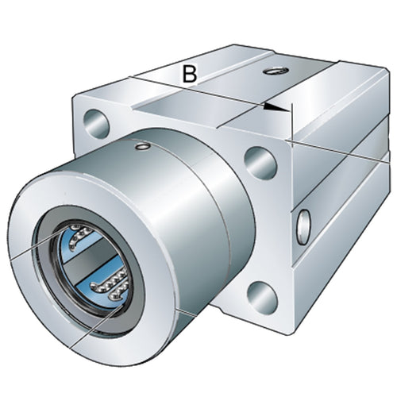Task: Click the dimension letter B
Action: (x=190, y=74)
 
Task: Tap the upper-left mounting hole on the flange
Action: (x=96, y=124)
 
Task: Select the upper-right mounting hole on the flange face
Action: (x=260, y=163)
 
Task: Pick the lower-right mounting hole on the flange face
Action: (x=263, y=297)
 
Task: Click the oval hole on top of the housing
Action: (x=276, y=71)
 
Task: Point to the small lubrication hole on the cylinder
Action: (x=143, y=146)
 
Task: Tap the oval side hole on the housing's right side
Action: (x=303, y=227)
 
